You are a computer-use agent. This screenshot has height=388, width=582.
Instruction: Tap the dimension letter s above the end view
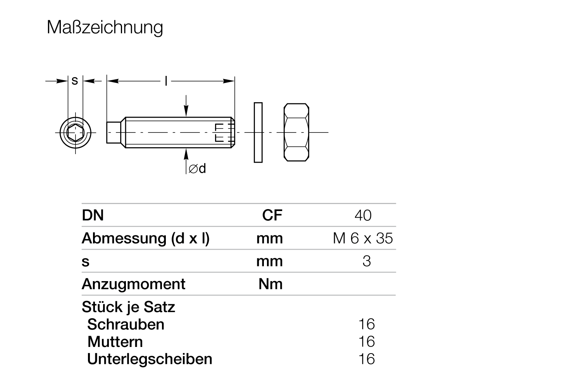pyautogui.click(x=75, y=81)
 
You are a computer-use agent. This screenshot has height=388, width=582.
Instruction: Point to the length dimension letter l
pyautogui.click(x=166, y=81)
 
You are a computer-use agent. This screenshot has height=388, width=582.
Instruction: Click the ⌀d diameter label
pyautogui.click(x=197, y=168)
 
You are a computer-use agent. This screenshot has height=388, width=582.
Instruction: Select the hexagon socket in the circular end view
pyautogui.click(x=75, y=133)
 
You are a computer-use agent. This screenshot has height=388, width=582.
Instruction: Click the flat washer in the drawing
pyautogui.click(x=258, y=132)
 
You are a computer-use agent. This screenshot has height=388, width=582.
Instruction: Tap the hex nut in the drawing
pyautogui.click(x=296, y=132)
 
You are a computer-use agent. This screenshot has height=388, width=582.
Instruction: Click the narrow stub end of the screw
pyautogui.click(x=114, y=132)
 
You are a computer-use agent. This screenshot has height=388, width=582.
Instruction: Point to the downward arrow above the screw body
pyautogui.click(x=186, y=106)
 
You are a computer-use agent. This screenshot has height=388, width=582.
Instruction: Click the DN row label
pyautogui.click(x=93, y=215)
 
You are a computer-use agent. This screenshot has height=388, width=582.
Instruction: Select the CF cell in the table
pyautogui.click(x=272, y=215)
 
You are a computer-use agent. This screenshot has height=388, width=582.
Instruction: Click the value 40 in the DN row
pyautogui.click(x=363, y=215)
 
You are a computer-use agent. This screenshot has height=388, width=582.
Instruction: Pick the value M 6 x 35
pyautogui.click(x=363, y=238)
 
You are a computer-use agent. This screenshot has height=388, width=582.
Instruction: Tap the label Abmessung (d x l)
pyautogui.click(x=146, y=239)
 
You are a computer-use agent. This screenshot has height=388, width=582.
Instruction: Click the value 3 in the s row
pyautogui.click(x=367, y=261)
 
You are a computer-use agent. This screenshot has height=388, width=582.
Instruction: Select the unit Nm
pyautogui.click(x=270, y=284)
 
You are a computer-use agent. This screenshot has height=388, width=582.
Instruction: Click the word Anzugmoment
pyautogui.click(x=134, y=284)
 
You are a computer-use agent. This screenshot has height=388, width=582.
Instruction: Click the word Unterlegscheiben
pyautogui.click(x=150, y=359)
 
